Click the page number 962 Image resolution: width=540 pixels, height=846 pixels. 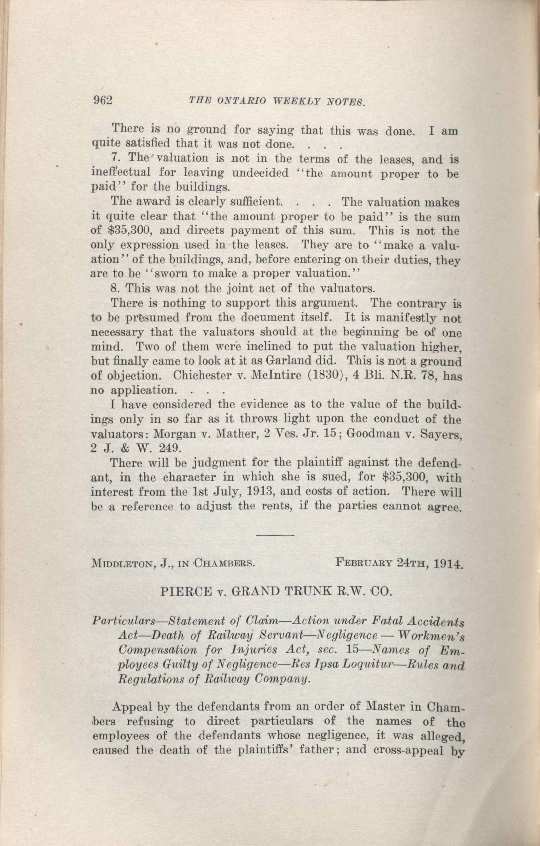102,101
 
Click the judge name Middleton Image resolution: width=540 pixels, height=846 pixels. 117,564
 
